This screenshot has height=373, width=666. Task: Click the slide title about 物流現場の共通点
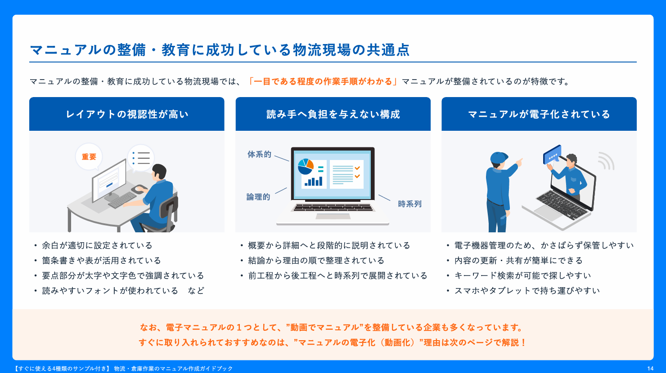coord(220,49)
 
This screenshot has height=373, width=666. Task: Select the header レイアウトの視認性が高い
coord(127,114)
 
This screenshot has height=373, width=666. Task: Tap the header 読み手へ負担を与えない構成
coord(333,114)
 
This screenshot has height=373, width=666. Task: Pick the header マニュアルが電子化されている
coord(539,114)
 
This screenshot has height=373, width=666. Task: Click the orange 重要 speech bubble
coord(89,157)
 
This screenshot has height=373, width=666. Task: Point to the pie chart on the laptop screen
coord(306,167)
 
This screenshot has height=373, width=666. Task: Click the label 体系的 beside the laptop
coord(259,155)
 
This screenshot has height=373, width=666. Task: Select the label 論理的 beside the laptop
coord(258,197)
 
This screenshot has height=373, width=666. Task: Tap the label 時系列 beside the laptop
coord(409,204)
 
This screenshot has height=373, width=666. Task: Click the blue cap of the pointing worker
coord(499,158)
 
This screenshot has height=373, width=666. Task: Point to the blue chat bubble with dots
coord(552,154)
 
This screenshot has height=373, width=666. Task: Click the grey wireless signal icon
coord(606,161)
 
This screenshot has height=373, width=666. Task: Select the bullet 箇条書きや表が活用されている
coord(101,261)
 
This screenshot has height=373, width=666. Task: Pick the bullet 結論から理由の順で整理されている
coord(316,261)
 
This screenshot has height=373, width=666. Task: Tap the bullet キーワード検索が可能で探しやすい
coord(522,275)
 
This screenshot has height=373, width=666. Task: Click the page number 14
coord(650,369)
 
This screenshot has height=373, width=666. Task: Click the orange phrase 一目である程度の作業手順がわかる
coord(323,81)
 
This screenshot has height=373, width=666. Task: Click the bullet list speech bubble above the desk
coord(141,158)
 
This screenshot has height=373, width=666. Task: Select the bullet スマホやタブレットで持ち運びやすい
coord(527,290)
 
